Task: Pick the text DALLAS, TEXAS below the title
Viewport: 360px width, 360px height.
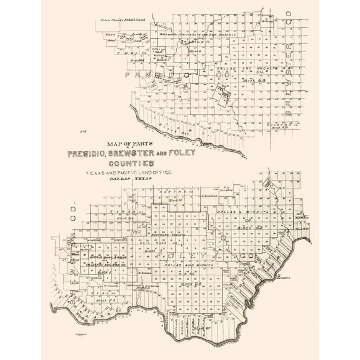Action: [130, 179]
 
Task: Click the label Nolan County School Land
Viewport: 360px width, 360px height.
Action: [121, 21]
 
